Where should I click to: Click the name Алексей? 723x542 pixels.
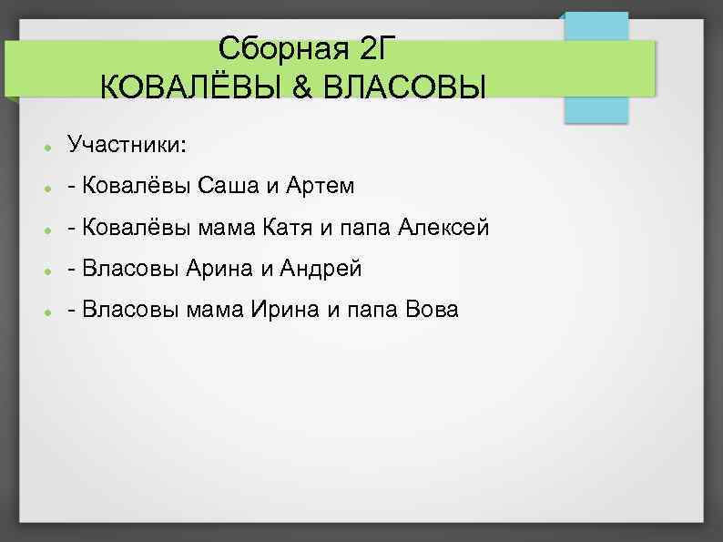pyautogui.click(x=443, y=228)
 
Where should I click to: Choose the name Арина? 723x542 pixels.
pyautogui.click(x=215, y=269)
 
